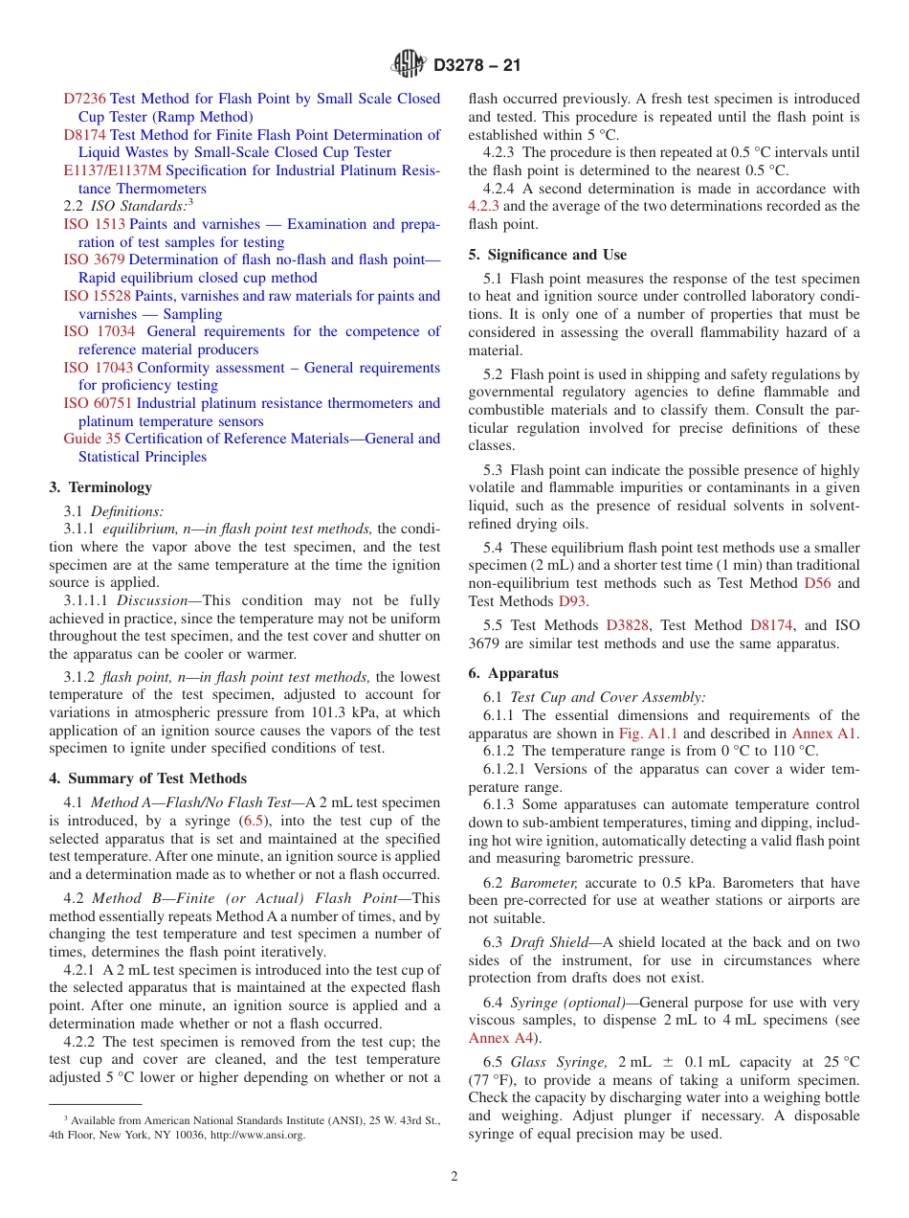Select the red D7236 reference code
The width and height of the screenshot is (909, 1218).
(x=85, y=99)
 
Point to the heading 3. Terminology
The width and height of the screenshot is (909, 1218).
(x=100, y=487)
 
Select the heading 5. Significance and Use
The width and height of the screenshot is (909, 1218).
(x=547, y=255)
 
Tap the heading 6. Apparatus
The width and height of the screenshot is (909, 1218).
(x=513, y=673)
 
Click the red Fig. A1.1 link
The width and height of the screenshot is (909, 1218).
(x=649, y=733)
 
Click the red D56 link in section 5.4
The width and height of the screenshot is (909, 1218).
(x=817, y=583)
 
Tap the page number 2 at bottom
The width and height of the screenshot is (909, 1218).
(x=454, y=1177)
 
